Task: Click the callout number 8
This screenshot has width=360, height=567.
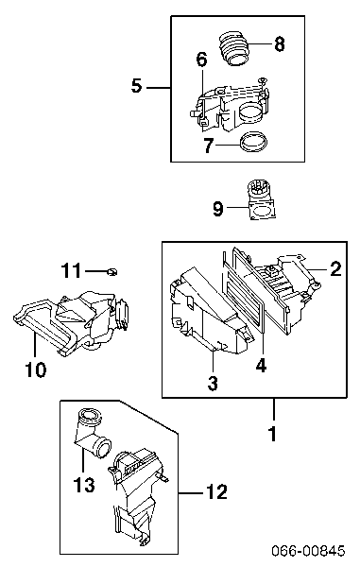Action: tap(279, 44)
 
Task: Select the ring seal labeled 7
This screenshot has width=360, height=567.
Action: tap(254, 142)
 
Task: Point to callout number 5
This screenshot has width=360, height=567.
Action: tap(137, 87)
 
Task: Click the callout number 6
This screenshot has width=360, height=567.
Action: tap(201, 60)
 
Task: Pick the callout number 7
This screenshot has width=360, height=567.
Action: tap(208, 146)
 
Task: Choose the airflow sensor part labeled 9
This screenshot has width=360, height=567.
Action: tap(261, 199)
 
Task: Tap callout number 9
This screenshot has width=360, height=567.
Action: tap(218, 209)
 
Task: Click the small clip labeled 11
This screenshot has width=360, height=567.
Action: tap(112, 271)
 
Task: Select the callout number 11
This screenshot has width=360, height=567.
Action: tap(71, 270)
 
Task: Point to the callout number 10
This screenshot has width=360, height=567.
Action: tap(36, 369)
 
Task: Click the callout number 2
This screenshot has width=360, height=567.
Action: tap(335, 269)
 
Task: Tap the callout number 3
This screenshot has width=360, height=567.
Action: tap(213, 384)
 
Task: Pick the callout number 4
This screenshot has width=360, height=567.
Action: tap(261, 365)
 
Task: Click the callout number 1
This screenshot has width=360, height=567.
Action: tap(273, 434)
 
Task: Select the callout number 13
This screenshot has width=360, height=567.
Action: tap(84, 485)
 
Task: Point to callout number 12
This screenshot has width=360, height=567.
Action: tap(216, 491)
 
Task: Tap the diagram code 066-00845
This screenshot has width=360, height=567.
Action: tap(308, 551)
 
